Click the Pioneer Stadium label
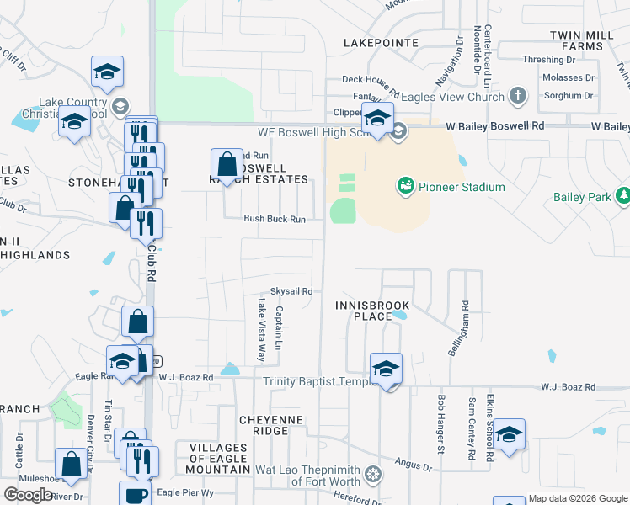coord(462,187)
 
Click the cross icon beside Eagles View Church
coord(518,97)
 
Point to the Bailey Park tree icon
coord(623,197)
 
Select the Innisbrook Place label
coord(365,311)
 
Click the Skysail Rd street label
coord(291,291)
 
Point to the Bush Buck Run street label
coord(275,219)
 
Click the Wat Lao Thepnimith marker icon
coord(371,476)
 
